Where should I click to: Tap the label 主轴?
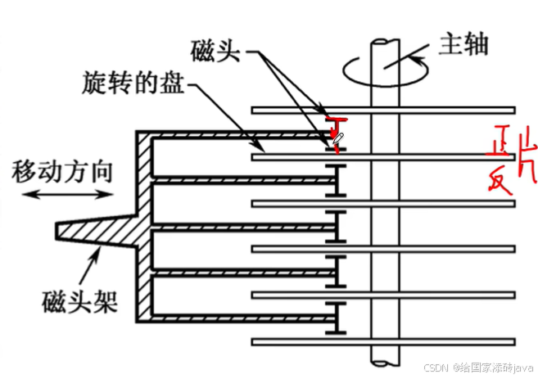pos(463,43)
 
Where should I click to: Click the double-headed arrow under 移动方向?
pos(68,194)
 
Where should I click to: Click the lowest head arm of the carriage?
pos(246,318)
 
